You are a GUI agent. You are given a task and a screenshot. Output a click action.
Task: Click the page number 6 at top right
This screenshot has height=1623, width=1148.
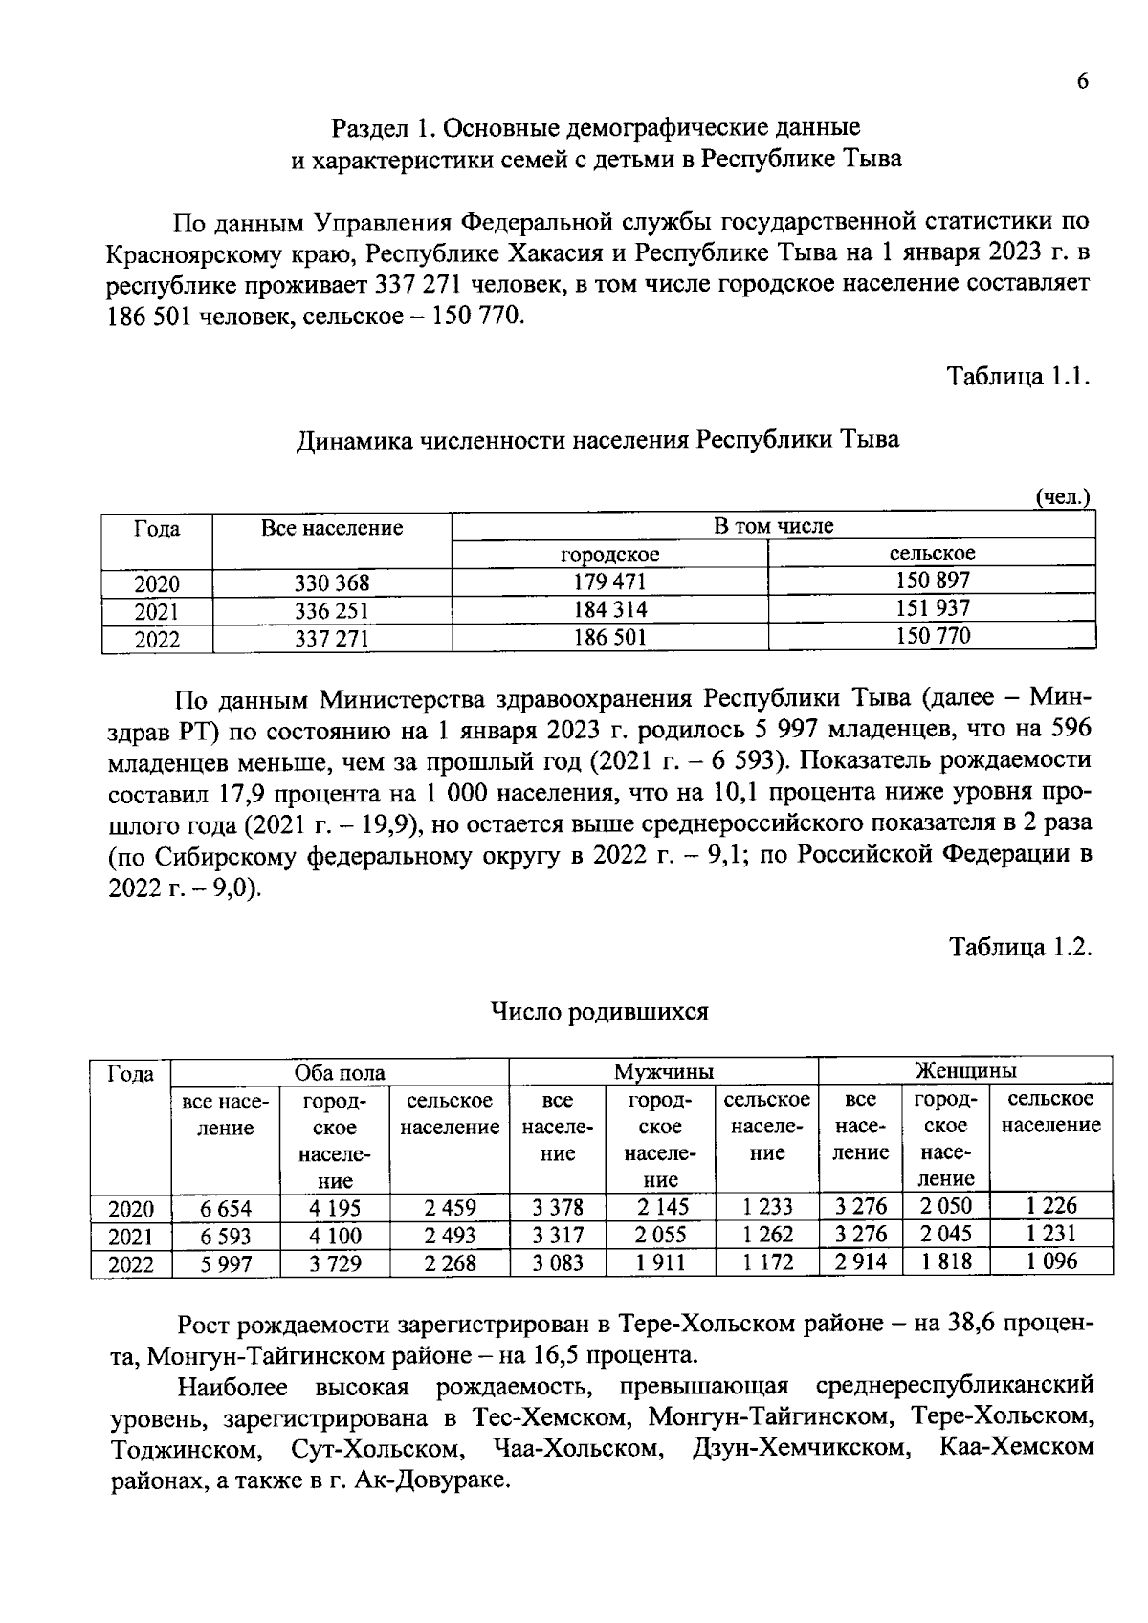pyautogui.click(x=1082, y=82)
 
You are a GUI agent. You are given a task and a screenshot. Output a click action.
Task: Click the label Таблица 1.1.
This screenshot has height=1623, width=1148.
pyautogui.click(x=1018, y=376)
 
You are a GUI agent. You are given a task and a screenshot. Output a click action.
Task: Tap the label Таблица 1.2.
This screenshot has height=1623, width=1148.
pyautogui.click(x=1019, y=947)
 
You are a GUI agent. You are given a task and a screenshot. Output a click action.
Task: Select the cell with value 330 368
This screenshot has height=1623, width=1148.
pyautogui.click(x=331, y=582)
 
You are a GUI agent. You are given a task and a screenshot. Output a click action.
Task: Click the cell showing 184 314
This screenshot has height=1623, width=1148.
pyautogui.click(x=609, y=609)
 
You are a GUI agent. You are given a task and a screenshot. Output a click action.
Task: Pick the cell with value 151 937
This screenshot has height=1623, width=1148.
pyautogui.click(x=932, y=608)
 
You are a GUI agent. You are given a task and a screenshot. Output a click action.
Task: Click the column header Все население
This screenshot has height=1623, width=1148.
pyautogui.click(x=331, y=528)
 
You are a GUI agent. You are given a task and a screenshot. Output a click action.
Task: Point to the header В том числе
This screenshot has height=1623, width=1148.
pyautogui.click(x=773, y=525)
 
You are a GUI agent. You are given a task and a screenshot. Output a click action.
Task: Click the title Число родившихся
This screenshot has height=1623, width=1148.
pyautogui.click(x=599, y=1011)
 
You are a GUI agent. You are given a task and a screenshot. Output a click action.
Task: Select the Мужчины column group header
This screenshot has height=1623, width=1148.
pyautogui.click(x=663, y=1071)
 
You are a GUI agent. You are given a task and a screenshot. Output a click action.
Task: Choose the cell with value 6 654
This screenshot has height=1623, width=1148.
pyautogui.click(x=226, y=1209)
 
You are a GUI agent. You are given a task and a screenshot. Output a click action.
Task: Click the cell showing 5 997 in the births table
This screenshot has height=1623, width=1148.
pyautogui.click(x=226, y=1264)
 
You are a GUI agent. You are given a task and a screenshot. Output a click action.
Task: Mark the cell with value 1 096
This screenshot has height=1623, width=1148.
pyautogui.click(x=1050, y=1261)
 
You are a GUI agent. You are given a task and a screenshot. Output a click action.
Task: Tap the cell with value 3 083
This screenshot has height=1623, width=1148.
pyautogui.click(x=558, y=1263)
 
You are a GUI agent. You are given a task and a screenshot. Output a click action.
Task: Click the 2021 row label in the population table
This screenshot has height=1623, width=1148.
pyautogui.click(x=157, y=611)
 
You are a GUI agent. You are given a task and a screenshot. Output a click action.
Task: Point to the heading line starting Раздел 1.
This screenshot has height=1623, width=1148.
pyautogui.click(x=595, y=127)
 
